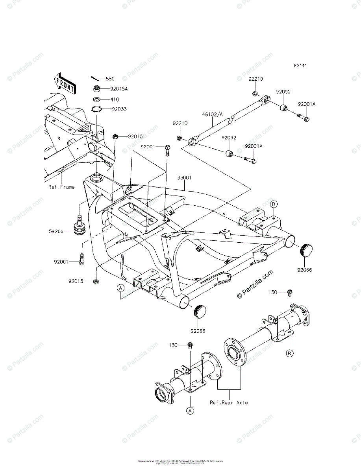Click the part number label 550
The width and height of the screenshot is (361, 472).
pyautogui.click(x=110, y=79)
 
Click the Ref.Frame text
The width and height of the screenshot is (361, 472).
pyautogui.click(x=61, y=187)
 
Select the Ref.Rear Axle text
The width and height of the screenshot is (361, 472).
pyautogui.click(x=229, y=402)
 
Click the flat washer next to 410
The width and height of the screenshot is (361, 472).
pyautogui.click(x=96, y=100)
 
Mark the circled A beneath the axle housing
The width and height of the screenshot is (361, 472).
pyautogui.click(x=190, y=411)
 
